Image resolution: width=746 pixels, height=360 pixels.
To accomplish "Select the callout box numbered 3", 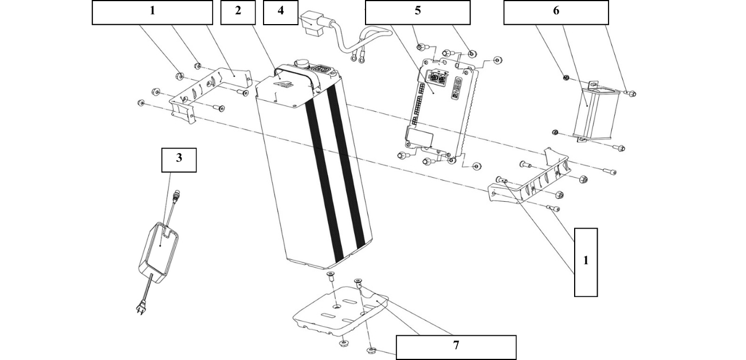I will click(x=179, y=160).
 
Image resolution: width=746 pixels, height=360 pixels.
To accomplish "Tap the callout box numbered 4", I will click(x=280, y=12).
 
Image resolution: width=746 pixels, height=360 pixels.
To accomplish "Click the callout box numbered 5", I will click(x=417, y=12).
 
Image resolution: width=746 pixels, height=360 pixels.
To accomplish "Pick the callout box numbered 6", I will click(x=556, y=12).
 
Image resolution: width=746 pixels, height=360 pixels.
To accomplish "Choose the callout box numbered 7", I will click(x=456, y=347).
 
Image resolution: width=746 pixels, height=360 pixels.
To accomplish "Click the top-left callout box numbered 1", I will click(x=152, y=12).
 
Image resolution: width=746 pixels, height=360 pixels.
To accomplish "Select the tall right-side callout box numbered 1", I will click(x=586, y=262).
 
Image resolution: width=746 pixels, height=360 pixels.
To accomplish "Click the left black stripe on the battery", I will click(x=324, y=178).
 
